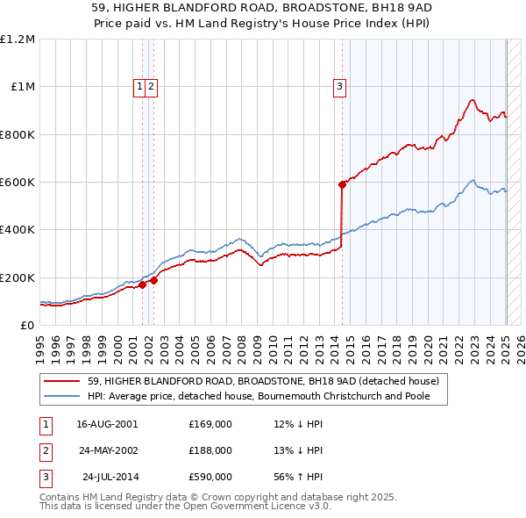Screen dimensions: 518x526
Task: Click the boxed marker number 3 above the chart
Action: tap(339, 86)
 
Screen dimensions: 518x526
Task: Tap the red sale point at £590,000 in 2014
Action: tap(342, 184)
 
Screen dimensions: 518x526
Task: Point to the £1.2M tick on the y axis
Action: tap(18, 40)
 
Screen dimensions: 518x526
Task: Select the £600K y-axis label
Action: tap(17, 183)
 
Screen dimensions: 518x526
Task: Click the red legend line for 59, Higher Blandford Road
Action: tap(62, 381)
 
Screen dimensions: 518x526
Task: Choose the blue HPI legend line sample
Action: tap(62, 397)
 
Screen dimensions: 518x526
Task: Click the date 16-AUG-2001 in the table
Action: tap(107, 423)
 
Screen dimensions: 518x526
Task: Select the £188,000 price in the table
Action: tap(210, 450)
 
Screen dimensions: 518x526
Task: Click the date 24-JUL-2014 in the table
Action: tap(110, 478)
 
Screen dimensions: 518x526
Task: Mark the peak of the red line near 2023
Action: tap(472, 99)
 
